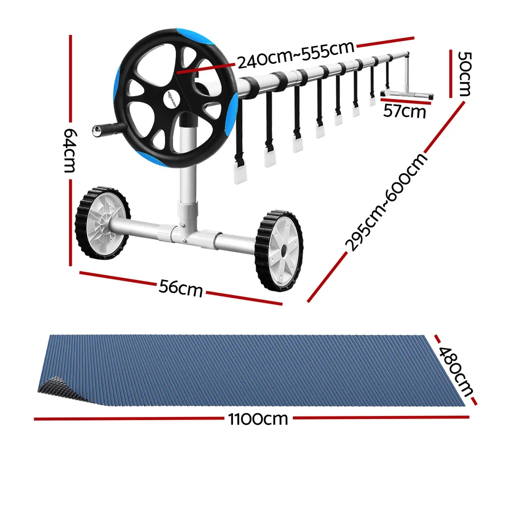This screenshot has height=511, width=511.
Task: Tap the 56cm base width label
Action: point(180,288)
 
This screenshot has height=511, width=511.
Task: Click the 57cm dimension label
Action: point(405,110)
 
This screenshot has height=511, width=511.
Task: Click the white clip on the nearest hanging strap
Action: point(240,174)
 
